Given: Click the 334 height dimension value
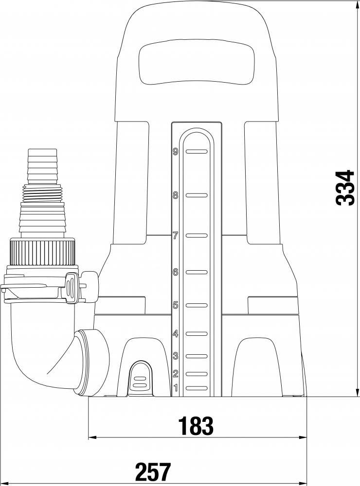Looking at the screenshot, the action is click(345, 187).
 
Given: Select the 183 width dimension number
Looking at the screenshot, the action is click(196, 426).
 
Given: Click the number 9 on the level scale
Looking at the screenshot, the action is click(176, 152).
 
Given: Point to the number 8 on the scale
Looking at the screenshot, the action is click(176, 195).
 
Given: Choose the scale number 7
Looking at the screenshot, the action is click(176, 236).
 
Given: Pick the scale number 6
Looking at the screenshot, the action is click(176, 273).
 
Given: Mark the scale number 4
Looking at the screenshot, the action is click(176, 334).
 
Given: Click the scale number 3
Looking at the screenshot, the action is click(176, 356).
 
